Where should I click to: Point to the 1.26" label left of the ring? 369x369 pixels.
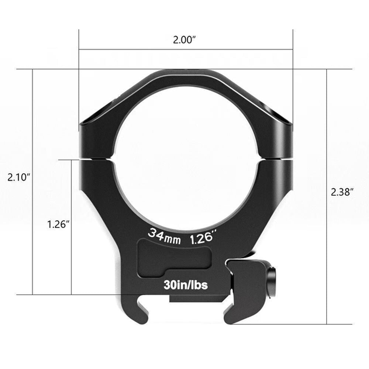pyautogui.click(x=58, y=224)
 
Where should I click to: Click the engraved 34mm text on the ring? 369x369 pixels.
pyautogui.click(x=164, y=236)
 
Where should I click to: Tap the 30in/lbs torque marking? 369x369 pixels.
pyautogui.click(x=185, y=285)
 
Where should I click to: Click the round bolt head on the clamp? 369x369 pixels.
pyautogui.click(x=274, y=280)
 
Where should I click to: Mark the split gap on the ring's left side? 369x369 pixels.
pyautogui.click(x=97, y=159)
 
